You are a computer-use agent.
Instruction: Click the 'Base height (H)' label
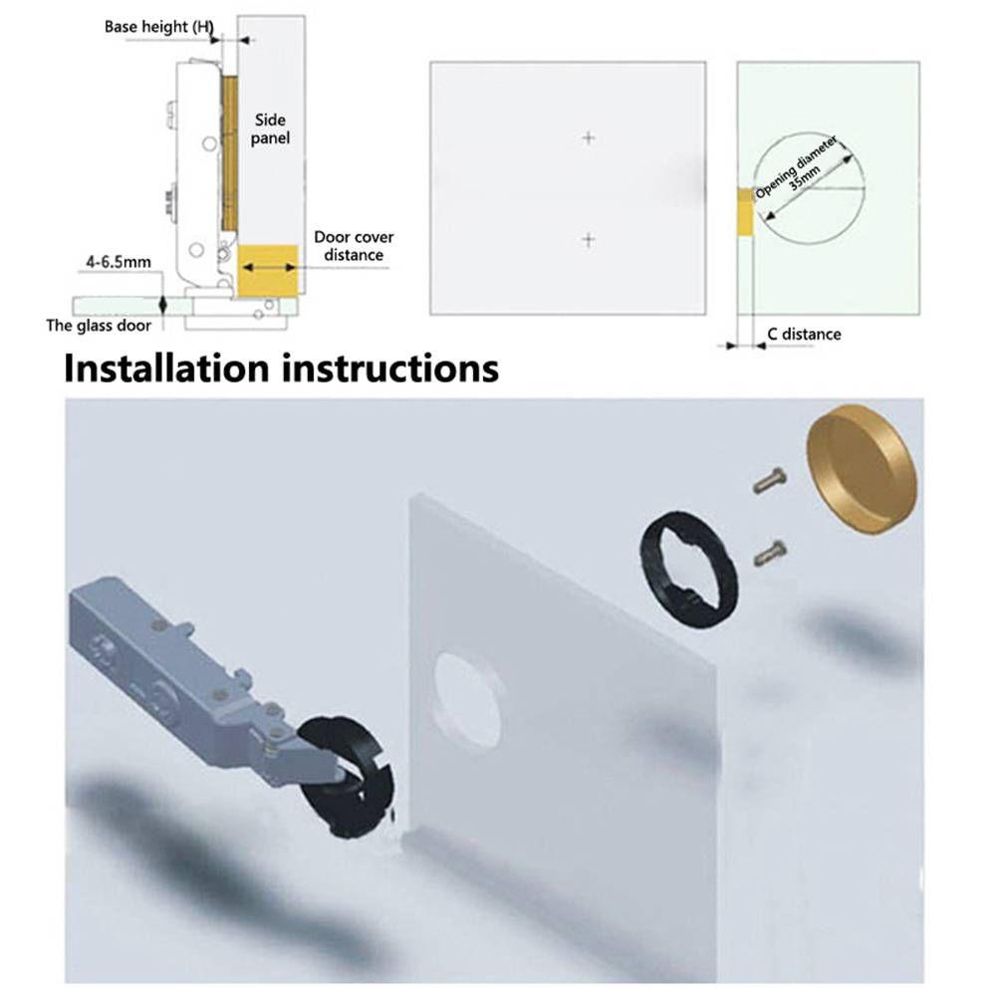coord(158,27)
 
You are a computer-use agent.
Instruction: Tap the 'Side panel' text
coord(270,128)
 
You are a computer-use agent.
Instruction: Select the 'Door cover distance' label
coord(354,246)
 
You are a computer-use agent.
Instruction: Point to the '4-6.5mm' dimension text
coord(119,262)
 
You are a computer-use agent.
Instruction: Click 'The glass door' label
coord(99,326)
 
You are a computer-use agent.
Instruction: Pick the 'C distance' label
coord(804,334)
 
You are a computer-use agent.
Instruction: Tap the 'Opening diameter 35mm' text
coord(800,168)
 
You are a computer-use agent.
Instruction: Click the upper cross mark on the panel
coord(589,137)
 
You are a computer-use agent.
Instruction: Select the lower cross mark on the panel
coord(589,239)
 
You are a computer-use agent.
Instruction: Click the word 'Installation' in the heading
coord(166,369)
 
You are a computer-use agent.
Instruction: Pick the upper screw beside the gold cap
coord(769,480)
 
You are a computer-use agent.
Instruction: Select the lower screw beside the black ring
coord(771,553)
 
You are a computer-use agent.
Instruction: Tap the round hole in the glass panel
coord(465,699)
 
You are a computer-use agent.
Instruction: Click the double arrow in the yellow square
coord(269,268)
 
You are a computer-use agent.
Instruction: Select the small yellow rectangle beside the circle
coord(745,211)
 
